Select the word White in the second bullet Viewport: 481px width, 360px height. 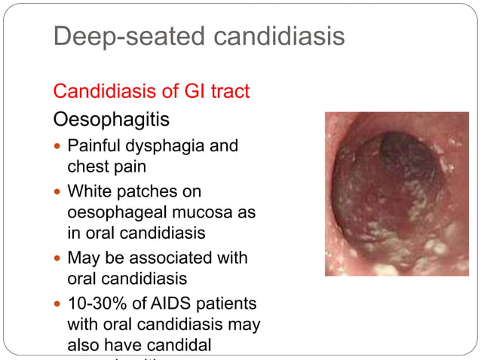[x=88, y=192]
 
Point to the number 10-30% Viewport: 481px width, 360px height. [x=97, y=304]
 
